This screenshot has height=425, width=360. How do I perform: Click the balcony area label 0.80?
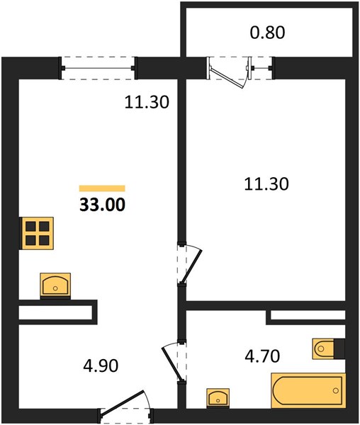click(267, 33)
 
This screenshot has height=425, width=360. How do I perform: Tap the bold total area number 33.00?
click(103, 205)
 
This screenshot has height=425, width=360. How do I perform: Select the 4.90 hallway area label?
click(101, 365)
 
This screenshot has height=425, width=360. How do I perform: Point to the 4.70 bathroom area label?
click(262, 356)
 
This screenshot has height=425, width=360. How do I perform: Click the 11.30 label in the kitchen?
click(147, 102)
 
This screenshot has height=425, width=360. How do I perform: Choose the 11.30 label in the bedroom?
click(266, 183)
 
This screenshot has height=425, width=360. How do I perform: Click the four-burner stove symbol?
click(37, 233)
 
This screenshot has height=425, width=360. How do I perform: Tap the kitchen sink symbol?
click(55, 285)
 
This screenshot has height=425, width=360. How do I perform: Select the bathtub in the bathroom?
click(308, 390)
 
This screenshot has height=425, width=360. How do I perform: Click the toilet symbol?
click(329, 348)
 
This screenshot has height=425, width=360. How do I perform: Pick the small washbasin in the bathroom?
click(218, 397)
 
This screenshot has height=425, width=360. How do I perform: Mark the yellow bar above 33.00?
click(102, 188)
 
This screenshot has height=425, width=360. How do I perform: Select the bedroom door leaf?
click(192, 266)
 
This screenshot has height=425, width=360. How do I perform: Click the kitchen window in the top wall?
click(98, 68)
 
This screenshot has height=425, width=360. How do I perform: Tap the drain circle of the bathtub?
click(336, 390)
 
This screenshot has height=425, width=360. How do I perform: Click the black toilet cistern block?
click(339, 348)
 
